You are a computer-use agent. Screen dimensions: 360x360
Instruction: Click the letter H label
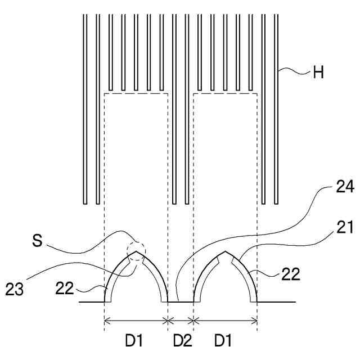pyautogui.click(x=318, y=73)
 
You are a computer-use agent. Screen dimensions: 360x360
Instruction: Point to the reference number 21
pyautogui.click(x=344, y=227)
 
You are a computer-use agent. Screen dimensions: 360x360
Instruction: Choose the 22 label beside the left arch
pyautogui.click(x=64, y=287)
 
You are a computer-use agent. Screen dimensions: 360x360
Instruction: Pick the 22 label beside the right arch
pyautogui.click(x=291, y=274)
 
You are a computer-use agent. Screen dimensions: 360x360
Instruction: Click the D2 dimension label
pyautogui.click(x=181, y=340)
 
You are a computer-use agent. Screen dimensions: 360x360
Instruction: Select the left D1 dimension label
pyautogui.click(x=134, y=340)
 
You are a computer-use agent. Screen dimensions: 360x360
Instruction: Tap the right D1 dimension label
pyautogui.click(x=223, y=340)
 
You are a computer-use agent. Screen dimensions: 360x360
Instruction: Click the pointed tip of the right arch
pyautogui.click(x=225, y=251)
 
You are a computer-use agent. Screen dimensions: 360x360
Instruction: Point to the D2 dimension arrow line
pyautogui.click(x=181, y=321)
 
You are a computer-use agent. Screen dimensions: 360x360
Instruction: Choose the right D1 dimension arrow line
pyautogui.click(x=225, y=321)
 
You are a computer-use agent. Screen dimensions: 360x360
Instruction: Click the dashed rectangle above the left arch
pyautogui.click(x=137, y=94)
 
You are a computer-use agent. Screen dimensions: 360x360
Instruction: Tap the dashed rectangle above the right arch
pyautogui.click(x=225, y=94)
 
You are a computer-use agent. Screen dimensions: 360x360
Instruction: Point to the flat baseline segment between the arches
pyautogui.click(x=181, y=302)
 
